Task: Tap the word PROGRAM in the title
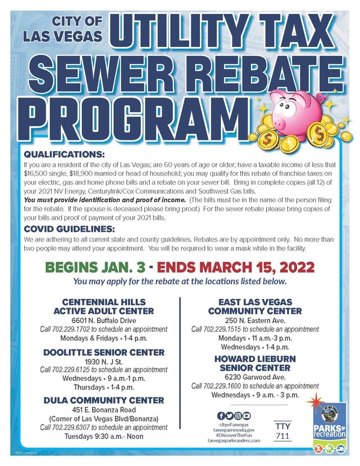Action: [121, 113]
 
